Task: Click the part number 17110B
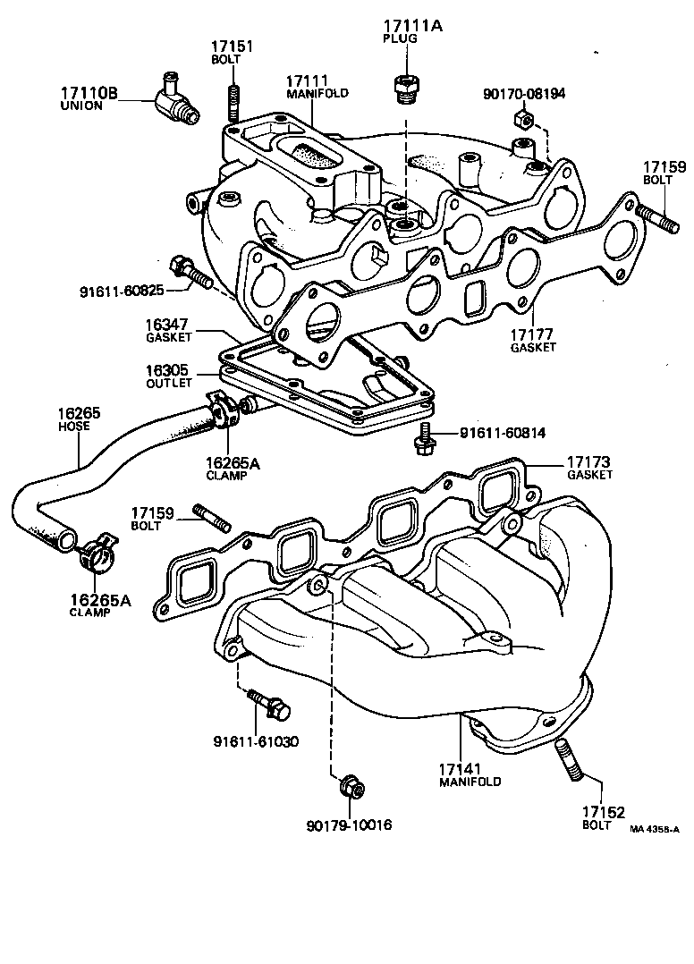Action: (89, 92)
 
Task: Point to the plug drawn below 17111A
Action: (405, 89)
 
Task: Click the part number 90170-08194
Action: (523, 92)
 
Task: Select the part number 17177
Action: (533, 334)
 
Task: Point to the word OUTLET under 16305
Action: (169, 383)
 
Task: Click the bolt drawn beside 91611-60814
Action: (426, 436)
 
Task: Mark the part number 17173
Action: (588, 462)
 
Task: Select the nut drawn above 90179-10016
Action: (350, 788)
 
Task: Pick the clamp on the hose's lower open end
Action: (97, 554)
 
